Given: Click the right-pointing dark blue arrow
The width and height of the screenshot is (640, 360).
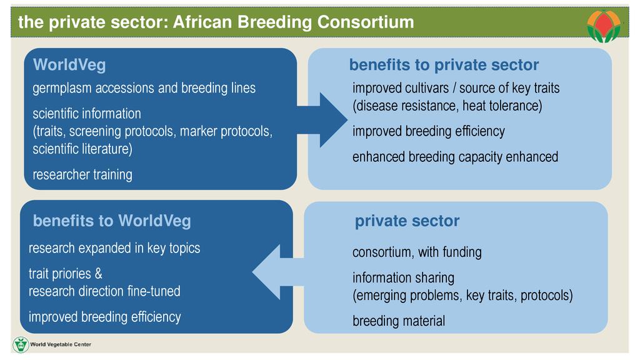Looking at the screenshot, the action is click(322, 120).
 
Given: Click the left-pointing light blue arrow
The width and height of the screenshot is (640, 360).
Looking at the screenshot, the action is click(277, 272).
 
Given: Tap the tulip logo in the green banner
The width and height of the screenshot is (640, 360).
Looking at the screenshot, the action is click(604, 25).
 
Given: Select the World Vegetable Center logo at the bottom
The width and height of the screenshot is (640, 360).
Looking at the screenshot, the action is click(52, 344).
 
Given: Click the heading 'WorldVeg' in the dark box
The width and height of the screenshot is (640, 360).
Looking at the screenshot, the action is click(69, 65).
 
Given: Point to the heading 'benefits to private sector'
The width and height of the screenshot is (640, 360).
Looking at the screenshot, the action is click(444, 65).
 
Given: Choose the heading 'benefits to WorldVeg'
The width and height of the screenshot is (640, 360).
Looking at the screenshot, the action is click(112, 221).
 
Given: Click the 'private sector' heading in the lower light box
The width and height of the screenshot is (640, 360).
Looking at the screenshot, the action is click(407, 221).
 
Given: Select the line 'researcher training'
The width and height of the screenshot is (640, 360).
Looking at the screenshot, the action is click(82, 175).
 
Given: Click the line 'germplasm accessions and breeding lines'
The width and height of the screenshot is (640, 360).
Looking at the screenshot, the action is click(144, 88).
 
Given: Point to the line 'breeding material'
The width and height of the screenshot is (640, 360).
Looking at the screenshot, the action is click(399, 321).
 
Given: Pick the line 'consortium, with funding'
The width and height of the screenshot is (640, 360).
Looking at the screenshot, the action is click(417, 252).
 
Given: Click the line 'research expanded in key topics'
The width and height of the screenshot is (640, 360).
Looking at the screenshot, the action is click(114, 248).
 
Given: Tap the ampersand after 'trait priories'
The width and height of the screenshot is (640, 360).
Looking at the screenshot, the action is click(98, 274).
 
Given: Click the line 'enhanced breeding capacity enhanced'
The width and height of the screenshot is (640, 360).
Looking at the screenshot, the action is click(455, 157).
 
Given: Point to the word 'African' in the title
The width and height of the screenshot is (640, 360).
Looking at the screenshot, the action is click(203, 22).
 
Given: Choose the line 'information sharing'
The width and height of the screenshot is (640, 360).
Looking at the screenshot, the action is click(403, 278).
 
